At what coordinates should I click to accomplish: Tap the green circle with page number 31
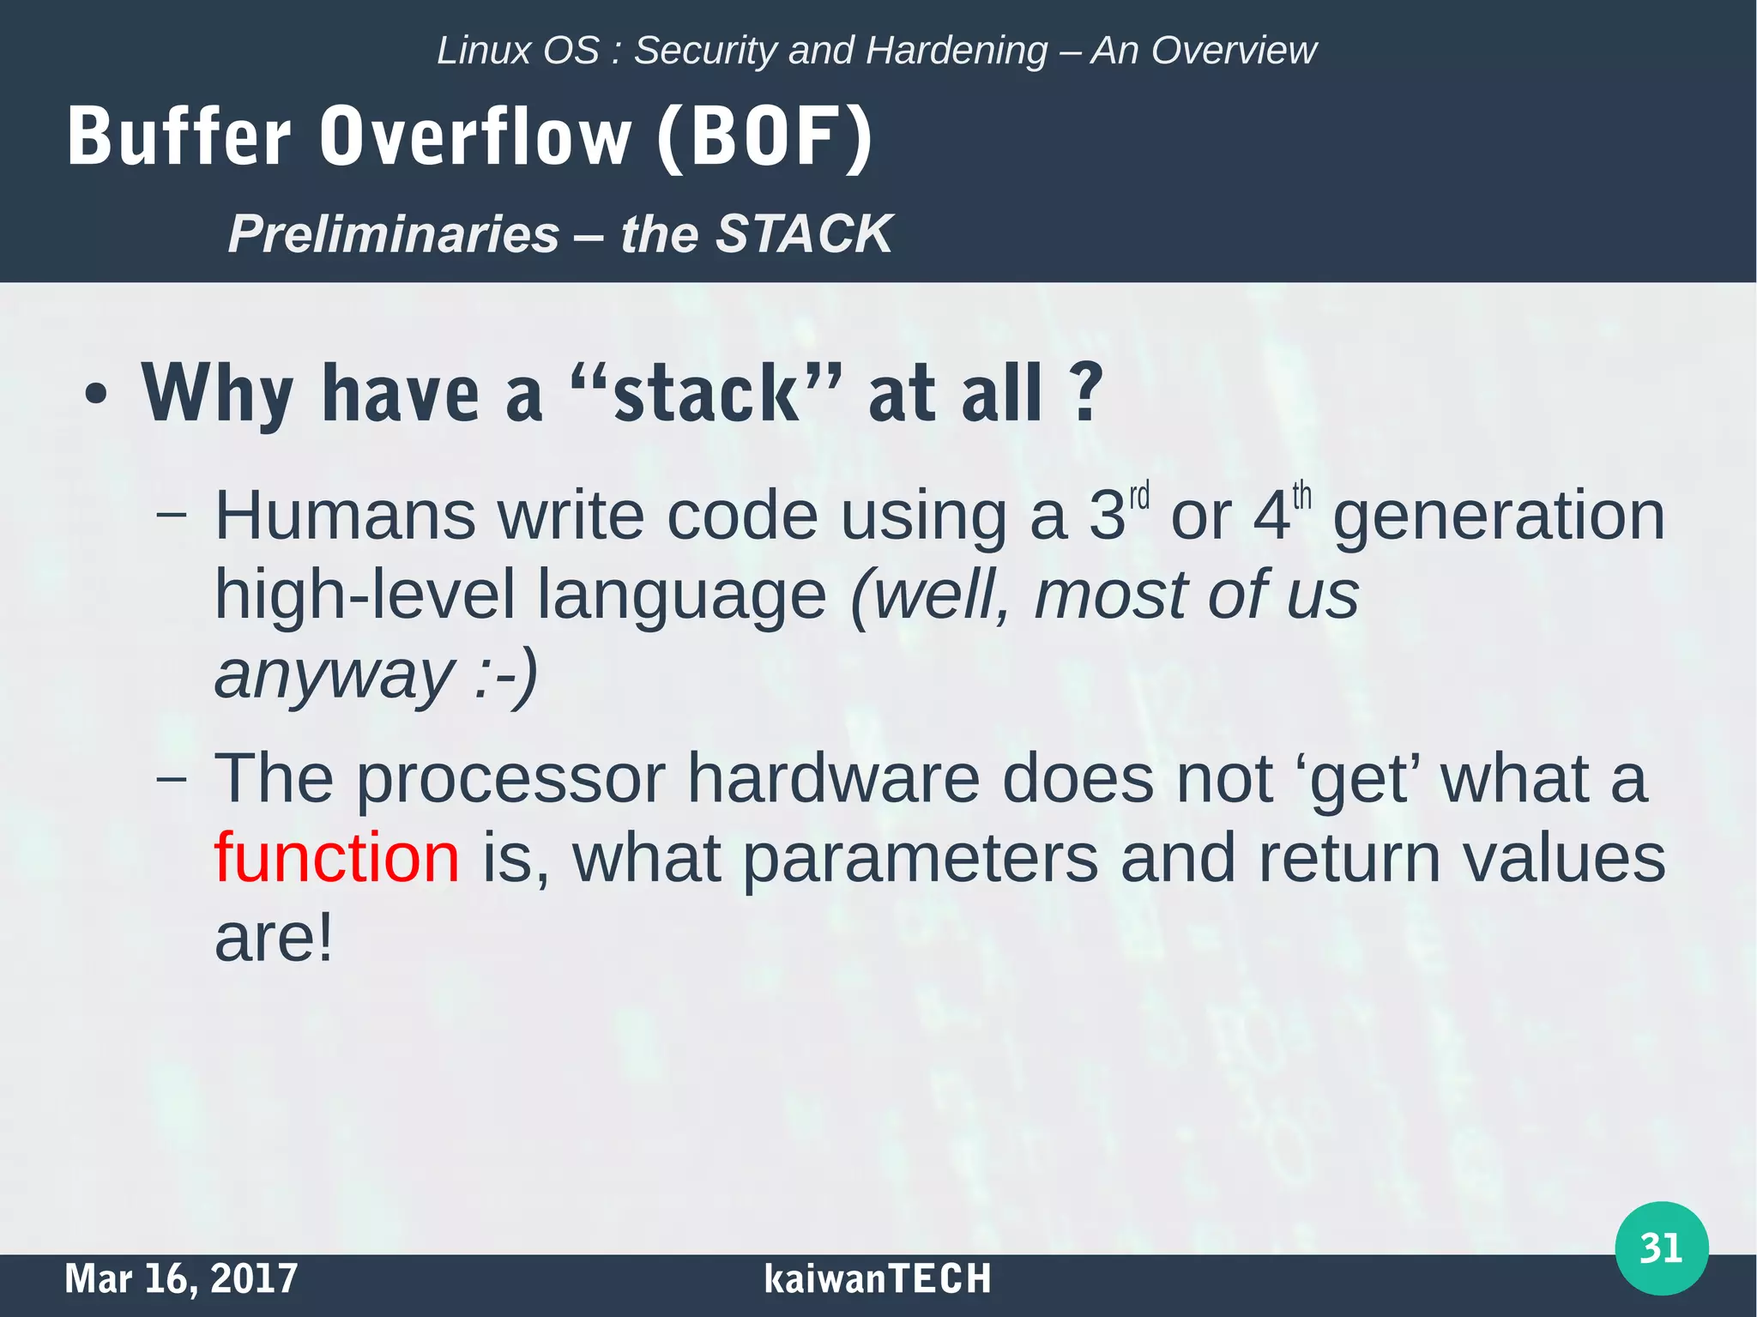[x=1661, y=1248]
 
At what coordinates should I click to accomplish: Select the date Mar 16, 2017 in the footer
[x=181, y=1278]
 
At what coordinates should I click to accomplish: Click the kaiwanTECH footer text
[x=877, y=1278]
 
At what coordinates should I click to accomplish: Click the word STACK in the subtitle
[x=804, y=233]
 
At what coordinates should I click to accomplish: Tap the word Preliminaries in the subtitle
[x=394, y=233]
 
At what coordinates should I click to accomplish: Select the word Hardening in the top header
[x=957, y=51]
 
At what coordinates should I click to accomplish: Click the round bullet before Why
[x=96, y=396]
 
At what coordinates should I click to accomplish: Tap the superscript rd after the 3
[x=1138, y=497]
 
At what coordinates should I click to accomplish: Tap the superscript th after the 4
[x=1301, y=497]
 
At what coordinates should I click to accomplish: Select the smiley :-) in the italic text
[x=505, y=674]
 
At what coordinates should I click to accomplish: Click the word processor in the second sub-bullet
[x=510, y=779]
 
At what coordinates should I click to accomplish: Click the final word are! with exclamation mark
[x=273, y=937]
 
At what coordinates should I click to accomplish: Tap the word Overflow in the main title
[x=475, y=137]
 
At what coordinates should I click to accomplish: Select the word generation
[x=1498, y=518]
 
